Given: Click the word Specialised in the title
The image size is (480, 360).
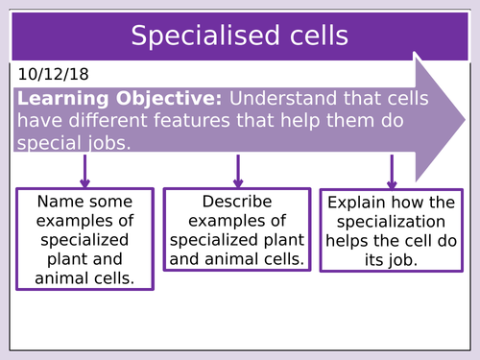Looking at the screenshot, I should (198, 36).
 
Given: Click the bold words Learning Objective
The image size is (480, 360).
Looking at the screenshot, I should (120, 100).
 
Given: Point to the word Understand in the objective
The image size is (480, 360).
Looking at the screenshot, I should (282, 100).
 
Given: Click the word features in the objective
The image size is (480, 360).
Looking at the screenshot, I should (201, 121).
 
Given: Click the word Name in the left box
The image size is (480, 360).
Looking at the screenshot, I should (56, 203).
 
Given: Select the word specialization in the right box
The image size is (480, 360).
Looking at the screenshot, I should (391, 221).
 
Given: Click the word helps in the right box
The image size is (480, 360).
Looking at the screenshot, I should (347, 240).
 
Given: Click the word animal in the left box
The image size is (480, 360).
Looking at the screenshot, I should (59, 278).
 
